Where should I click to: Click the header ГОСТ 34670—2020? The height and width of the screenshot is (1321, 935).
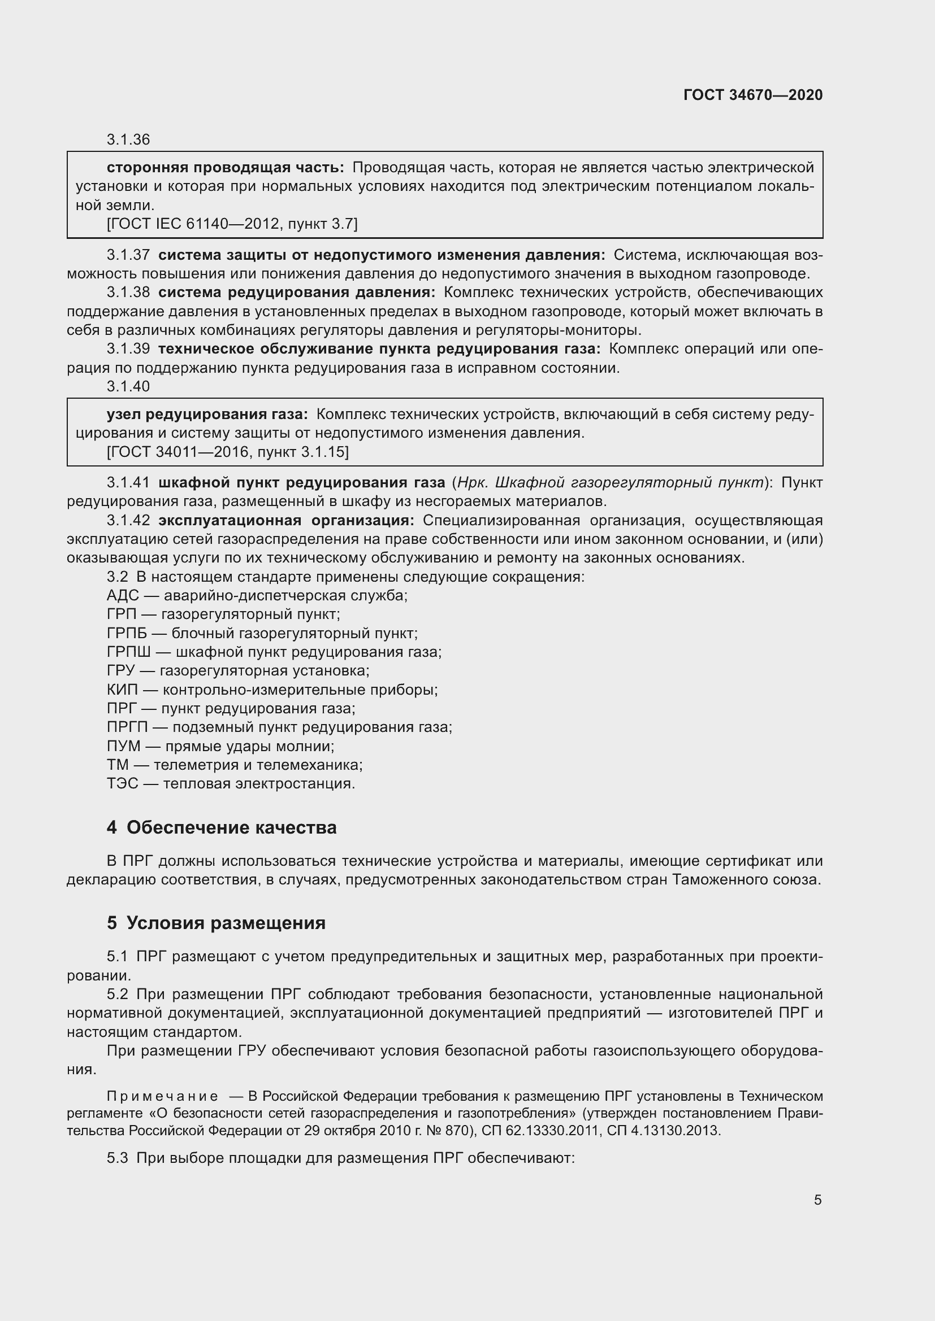pyautogui.click(x=752, y=95)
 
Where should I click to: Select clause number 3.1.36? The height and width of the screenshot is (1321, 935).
pyautogui.click(x=128, y=140)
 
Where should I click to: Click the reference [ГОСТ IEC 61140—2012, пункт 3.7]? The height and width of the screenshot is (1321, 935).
pyautogui.click(x=232, y=224)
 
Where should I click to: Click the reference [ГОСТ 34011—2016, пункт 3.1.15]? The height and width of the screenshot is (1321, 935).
pyautogui.click(x=227, y=452)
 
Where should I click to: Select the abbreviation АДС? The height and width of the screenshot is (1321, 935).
pyautogui.click(x=123, y=595)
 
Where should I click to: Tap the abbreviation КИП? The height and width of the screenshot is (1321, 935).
pyautogui.click(x=122, y=690)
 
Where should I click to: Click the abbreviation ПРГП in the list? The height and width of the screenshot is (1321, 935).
pyautogui.click(x=127, y=727)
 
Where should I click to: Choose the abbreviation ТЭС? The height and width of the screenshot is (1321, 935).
pyautogui.click(x=122, y=784)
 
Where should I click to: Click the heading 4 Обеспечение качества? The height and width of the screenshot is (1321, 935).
pyautogui.click(x=222, y=828)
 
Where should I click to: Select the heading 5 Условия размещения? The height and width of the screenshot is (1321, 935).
pyautogui.click(x=216, y=923)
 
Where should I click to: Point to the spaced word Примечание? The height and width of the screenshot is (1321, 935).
pyautogui.click(x=162, y=1096)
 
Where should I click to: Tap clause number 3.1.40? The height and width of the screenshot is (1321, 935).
pyautogui.click(x=128, y=387)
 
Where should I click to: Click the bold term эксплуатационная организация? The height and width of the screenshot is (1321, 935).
pyautogui.click(x=286, y=521)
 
